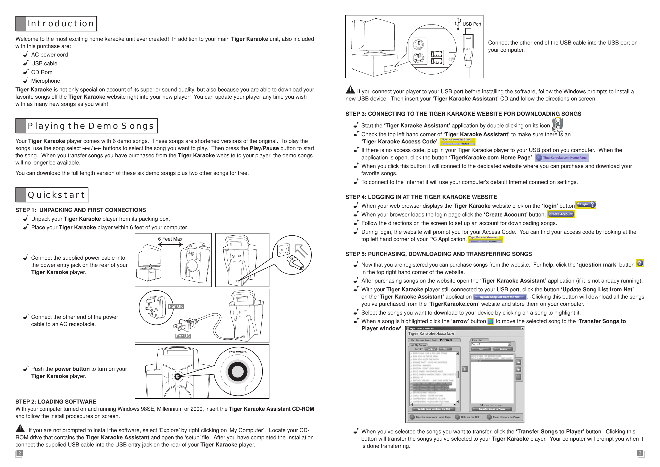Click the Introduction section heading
pos(61,24)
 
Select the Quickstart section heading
pos(56,195)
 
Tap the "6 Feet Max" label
pos(170,239)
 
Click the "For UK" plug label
pos(176,306)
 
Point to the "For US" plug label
pos(183,336)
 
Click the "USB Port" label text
pos(472,24)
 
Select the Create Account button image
pos(561,214)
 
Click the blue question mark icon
pos(640,263)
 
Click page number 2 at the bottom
pos(19,453)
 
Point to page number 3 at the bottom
pos(640,453)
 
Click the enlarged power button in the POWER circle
pos(237,372)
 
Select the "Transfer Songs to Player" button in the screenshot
pos(491,409)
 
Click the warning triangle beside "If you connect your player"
pos(350,90)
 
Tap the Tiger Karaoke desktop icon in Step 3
pos(557,124)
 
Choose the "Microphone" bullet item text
pos(46,81)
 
